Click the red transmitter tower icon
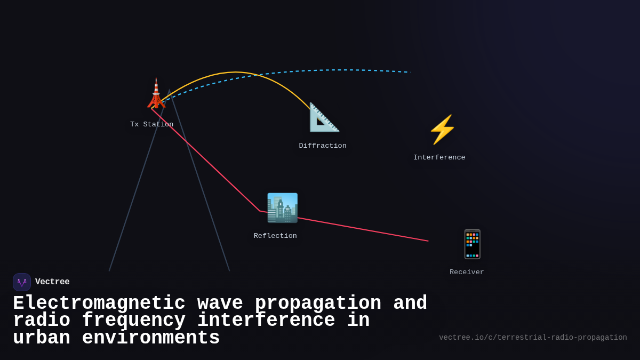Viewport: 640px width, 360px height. (156, 94)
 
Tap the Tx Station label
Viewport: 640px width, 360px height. (151, 124)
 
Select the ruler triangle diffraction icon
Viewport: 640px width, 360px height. (324, 117)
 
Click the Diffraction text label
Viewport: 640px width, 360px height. (322, 146)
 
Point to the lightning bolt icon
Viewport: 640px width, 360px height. (442, 130)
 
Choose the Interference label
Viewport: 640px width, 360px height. (439, 157)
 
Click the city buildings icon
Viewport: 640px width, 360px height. (282, 208)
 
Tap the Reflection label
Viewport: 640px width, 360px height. (275, 236)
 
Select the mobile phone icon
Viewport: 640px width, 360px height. (472, 244)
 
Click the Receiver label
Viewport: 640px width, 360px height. (467, 272)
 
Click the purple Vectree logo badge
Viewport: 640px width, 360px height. (22, 282)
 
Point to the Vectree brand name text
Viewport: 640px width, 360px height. (52, 282)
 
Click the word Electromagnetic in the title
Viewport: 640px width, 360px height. (99, 303)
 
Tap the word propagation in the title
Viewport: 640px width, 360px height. (318, 303)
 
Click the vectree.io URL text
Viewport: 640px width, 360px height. (533, 338)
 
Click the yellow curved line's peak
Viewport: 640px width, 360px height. (235, 72)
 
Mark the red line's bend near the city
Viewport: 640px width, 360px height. (260, 211)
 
